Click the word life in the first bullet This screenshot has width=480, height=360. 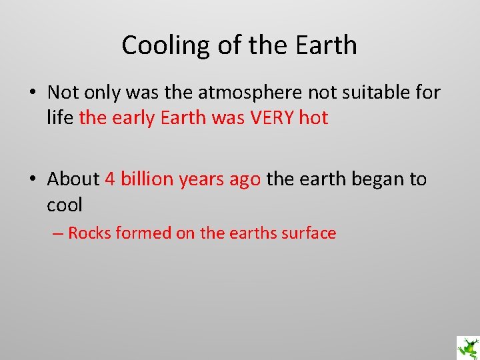pos(60,118)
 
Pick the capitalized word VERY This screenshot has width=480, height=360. pos(271,118)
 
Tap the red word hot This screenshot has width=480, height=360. pos(313,118)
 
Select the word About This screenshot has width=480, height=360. pos(73,179)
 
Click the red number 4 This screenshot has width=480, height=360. pos(110,179)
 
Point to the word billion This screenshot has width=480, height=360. pos(147,179)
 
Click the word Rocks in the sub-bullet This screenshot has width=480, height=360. pos(89,233)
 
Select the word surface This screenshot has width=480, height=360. pos(309,233)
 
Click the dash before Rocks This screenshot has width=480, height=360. pos(59,233)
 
